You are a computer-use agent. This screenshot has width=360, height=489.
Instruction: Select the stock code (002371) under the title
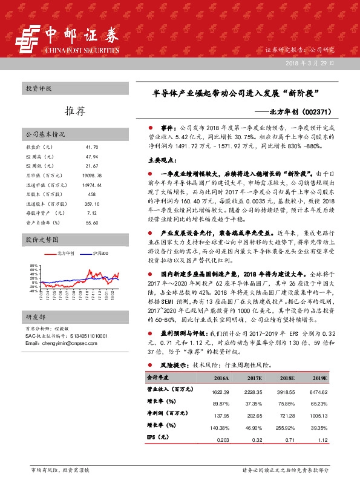pos(331,112)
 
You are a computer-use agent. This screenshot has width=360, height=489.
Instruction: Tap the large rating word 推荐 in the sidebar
pos(74,111)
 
